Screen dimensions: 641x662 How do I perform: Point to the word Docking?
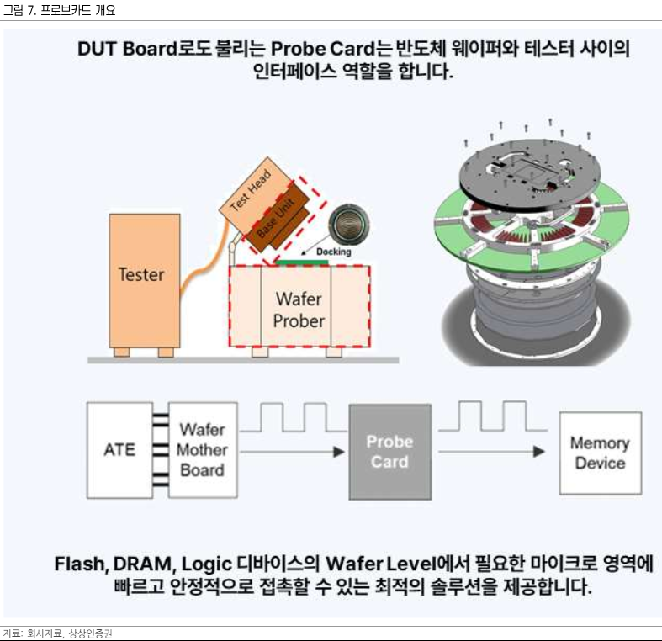click(333, 251)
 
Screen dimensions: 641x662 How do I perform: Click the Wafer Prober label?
click(299, 309)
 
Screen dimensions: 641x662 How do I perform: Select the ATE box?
click(120, 449)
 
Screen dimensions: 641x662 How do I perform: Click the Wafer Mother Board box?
click(202, 450)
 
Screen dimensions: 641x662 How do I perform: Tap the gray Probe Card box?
click(389, 452)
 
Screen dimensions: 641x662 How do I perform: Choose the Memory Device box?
click(600, 453)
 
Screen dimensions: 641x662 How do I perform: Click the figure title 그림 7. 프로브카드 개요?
click(60, 10)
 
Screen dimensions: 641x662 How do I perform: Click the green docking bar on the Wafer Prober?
click(302, 262)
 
